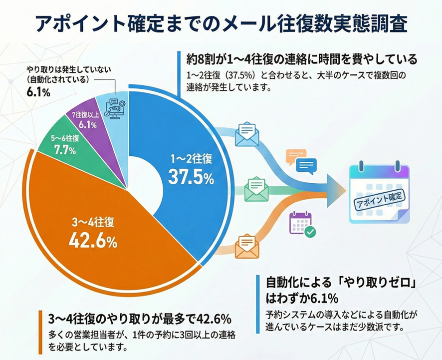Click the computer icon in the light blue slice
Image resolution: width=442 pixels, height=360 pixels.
[115, 108]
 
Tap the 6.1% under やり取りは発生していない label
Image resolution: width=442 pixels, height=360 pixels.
[38, 92]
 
